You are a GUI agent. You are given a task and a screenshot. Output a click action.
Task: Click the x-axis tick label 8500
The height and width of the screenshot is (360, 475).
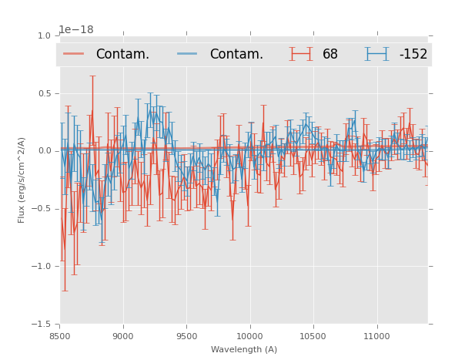point(59,335)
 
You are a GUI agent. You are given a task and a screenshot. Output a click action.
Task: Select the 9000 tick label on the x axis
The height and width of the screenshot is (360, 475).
point(123,335)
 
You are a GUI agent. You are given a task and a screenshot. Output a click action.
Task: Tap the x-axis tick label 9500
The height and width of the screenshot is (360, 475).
point(186,335)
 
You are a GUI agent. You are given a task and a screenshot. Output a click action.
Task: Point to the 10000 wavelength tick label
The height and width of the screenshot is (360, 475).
point(249,335)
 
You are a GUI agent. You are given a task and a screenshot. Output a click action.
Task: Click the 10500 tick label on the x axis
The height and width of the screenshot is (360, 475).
point(313,335)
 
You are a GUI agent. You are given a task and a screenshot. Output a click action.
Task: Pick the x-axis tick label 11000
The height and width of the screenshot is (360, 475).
point(376,335)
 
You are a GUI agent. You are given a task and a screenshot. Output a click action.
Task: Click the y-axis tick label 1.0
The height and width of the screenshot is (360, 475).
point(44,35)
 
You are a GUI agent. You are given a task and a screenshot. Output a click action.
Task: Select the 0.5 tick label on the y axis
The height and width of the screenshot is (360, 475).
point(44,93)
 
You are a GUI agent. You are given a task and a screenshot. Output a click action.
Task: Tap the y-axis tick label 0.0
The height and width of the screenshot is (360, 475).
point(44,151)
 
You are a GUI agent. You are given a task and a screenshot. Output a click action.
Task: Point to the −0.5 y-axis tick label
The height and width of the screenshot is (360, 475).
point(42,209)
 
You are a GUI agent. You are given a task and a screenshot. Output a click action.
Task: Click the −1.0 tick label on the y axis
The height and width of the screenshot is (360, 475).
point(42,267)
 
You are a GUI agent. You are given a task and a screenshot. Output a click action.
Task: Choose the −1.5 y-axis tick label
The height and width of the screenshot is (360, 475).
point(42,325)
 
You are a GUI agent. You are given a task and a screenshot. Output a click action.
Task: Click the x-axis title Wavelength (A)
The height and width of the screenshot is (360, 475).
point(244,349)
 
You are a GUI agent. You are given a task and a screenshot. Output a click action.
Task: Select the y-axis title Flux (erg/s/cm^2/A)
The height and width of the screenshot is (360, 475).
point(22,180)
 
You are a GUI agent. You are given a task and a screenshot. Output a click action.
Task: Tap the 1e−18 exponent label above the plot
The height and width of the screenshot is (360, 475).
point(76,30)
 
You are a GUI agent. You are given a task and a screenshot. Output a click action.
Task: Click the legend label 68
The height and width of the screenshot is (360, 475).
point(330,54)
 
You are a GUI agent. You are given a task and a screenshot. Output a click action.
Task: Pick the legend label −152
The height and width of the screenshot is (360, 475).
point(413,54)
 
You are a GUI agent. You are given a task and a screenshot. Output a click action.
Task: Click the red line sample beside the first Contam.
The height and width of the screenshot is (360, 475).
point(74,53)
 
